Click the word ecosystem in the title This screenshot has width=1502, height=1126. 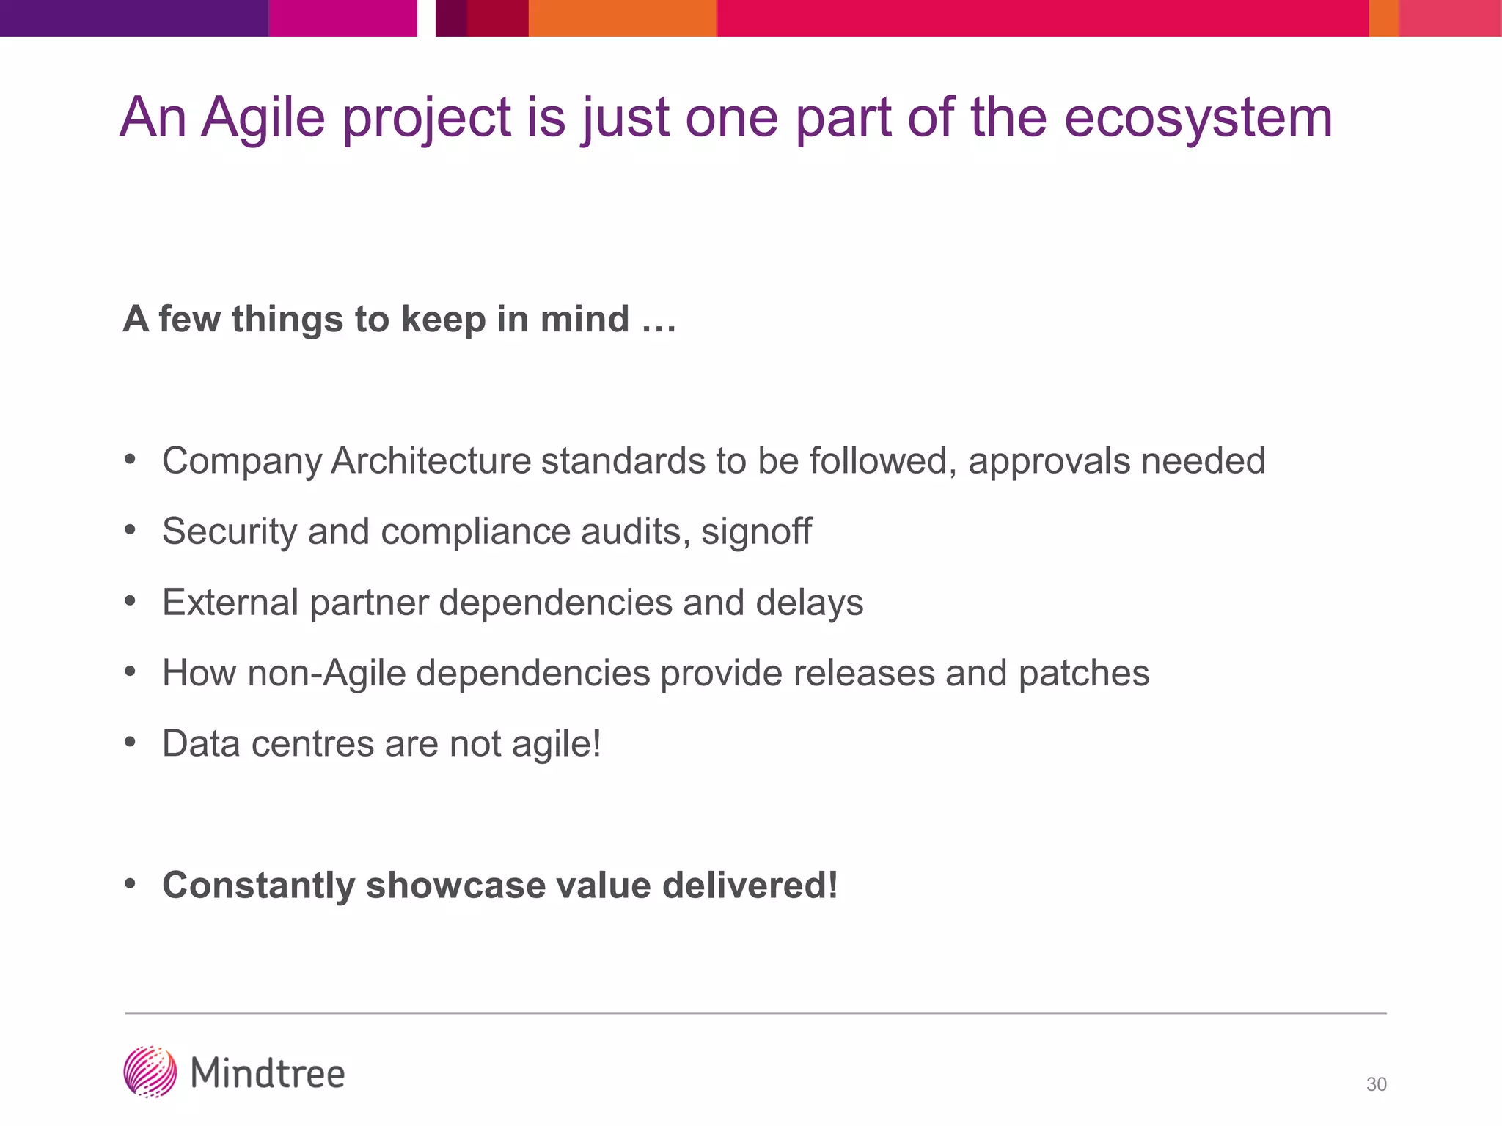coord(1198,119)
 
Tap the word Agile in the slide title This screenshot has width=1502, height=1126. coord(263,119)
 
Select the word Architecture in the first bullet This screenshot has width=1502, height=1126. coord(431,461)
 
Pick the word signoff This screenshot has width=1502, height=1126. coord(756,531)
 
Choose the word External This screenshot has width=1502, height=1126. coord(230,603)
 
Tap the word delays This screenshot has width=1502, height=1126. coord(810,603)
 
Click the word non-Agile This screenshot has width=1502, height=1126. coord(326,674)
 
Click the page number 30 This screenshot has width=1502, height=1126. coord(1376,1084)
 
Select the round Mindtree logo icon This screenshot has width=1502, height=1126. coord(150,1072)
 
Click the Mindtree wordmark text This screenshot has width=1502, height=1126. coord(268,1074)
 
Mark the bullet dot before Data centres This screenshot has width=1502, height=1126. coord(131,743)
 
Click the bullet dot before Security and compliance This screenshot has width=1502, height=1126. coord(131,530)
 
